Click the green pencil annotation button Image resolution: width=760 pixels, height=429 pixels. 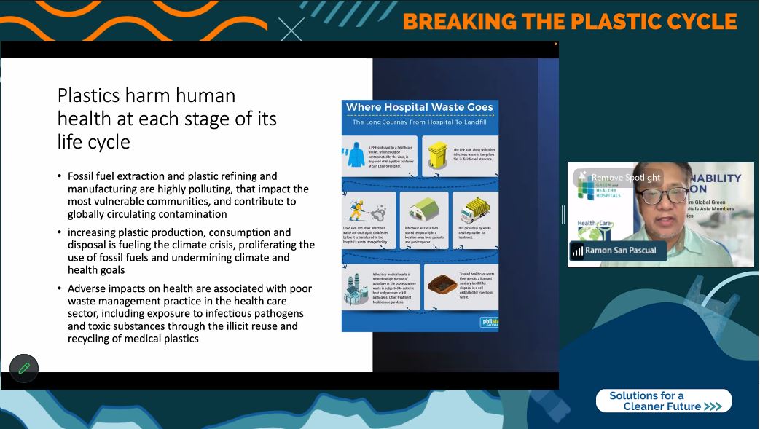tap(24, 368)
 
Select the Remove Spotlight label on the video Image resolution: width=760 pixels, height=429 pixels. tap(625, 177)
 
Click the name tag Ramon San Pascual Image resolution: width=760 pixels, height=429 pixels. tap(620, 250)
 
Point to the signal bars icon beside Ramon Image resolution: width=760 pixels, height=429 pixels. tap(577, 251)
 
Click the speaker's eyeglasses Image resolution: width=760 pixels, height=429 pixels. tap(664, 194)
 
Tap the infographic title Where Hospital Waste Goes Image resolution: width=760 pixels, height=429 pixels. tap(419, 107)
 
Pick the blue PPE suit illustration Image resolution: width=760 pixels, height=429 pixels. tap(356, 155)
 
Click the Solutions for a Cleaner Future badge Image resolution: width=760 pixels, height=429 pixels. tap(663, 401)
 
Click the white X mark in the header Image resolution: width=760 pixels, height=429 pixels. tap(291, 28)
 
